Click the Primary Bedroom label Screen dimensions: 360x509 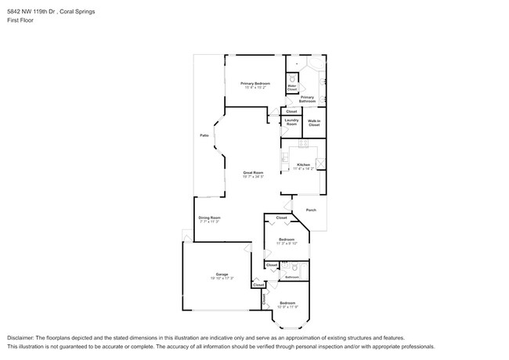click(x=255, y=83)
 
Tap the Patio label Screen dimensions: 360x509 click(x=204, y=135)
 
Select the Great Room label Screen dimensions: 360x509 click(x=252, y=172)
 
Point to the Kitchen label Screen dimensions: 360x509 click(x=304, y=164)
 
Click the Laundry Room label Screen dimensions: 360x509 click(x=291, y=123)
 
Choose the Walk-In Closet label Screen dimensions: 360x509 click(x=314, y=123)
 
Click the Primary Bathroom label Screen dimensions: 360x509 click(x=307, y=99)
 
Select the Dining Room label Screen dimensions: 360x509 click(x=209, y=218)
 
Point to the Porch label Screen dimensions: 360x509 click(x=311, y=210)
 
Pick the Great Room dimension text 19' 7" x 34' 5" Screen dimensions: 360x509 click(x=252, y=177)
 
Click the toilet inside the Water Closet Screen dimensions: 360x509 click(x=291, y=79)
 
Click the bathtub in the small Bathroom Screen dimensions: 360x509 click(x=303, y=271)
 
